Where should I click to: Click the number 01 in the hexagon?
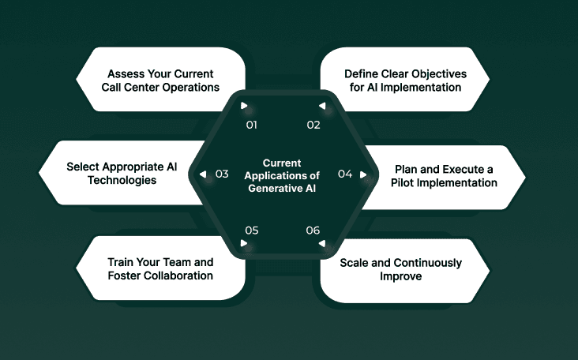[252, 125]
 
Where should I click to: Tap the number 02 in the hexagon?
[313, 125]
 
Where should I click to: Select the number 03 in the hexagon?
[222, 174]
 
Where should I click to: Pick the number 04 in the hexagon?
[345, 174]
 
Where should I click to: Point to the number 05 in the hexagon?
[252, 231]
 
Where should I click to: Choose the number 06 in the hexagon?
[313, 231]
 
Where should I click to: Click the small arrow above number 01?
[245, 106]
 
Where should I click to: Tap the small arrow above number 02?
[321, 106]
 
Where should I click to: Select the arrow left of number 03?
[204, 174]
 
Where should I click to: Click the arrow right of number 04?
[363, 174]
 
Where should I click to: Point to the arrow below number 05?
[245, 244]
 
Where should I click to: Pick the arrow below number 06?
[321, 244]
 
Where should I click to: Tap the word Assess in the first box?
[121, 73]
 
